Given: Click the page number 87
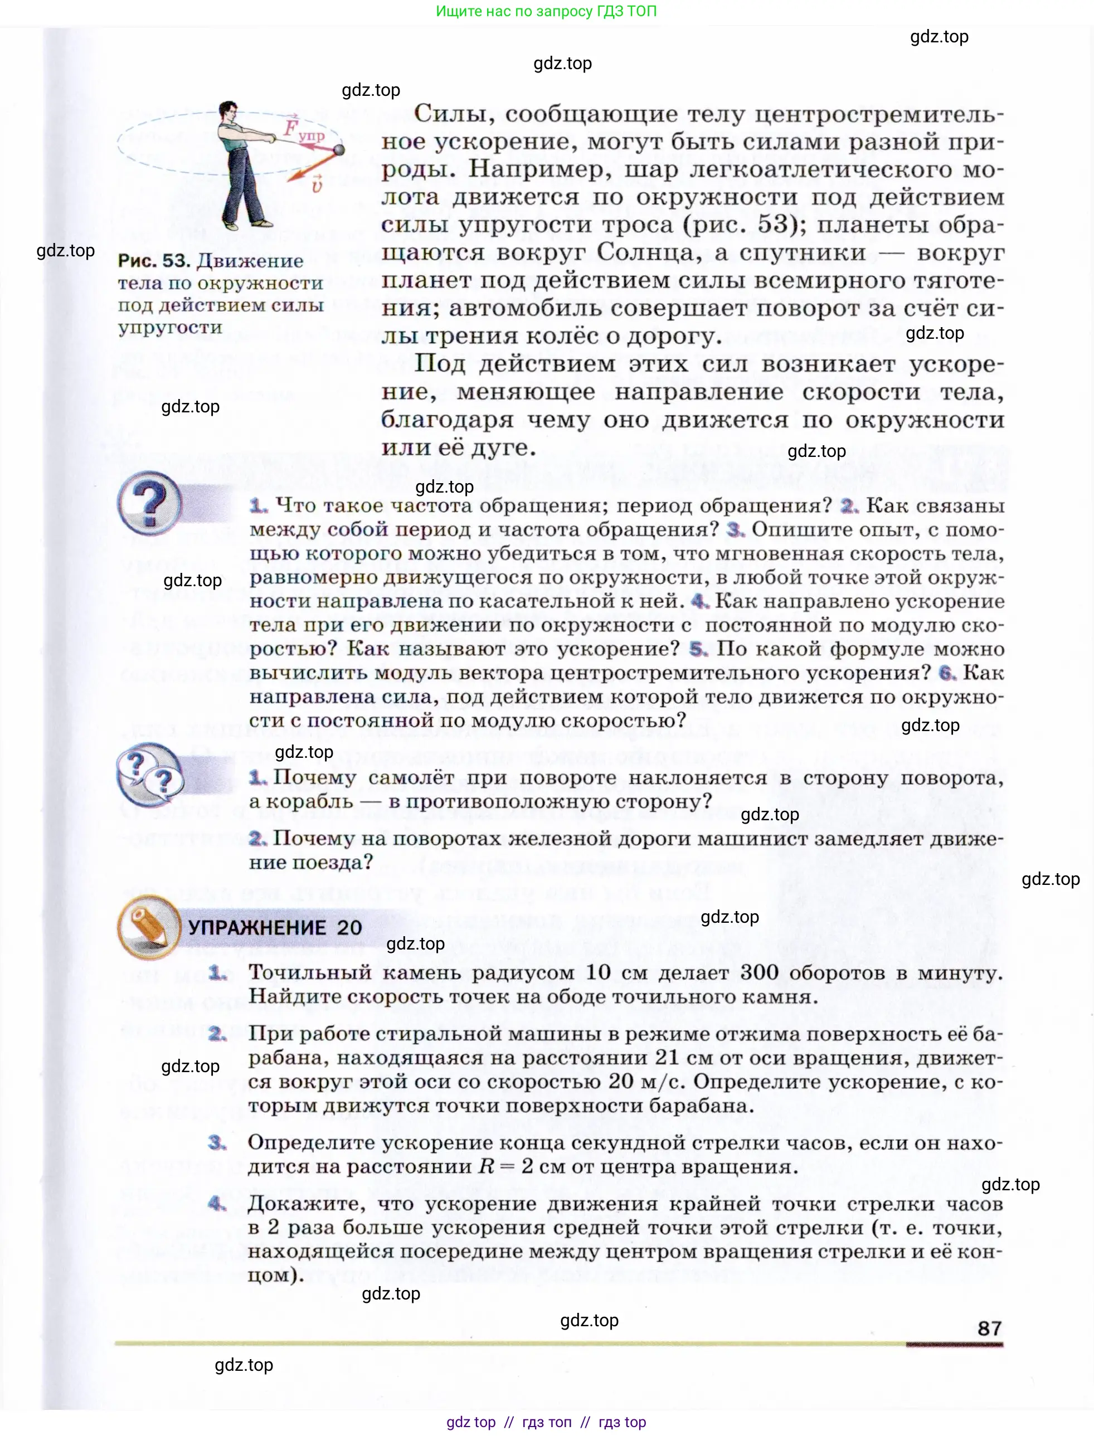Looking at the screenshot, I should pos(989,1328).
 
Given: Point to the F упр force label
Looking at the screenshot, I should pos(303,129).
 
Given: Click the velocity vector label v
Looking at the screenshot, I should pos(317,186).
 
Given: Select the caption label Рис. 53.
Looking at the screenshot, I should pos(154,261).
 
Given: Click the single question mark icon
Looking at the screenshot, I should pos(150,503).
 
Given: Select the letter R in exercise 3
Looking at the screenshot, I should pos(487,1166).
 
